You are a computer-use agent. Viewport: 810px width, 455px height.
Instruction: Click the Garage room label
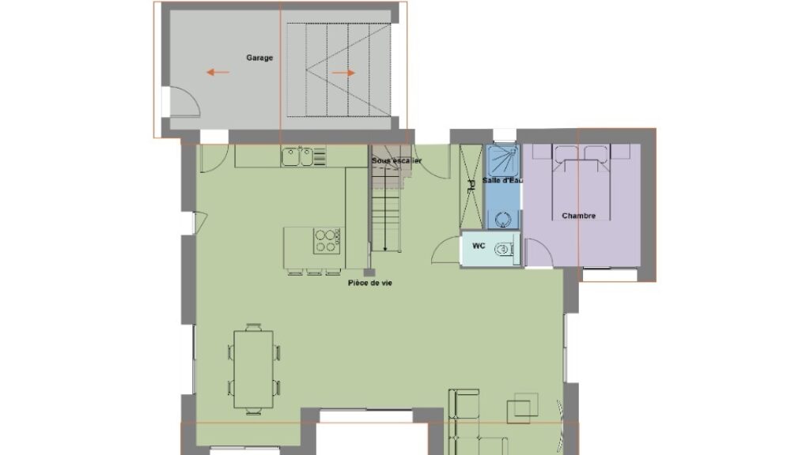[259, 58]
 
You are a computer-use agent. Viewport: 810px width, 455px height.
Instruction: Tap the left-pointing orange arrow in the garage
[218, 73]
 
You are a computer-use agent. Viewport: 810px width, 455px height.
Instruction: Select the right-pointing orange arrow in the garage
[343, 73]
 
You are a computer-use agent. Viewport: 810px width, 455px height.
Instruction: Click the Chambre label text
[578, 216]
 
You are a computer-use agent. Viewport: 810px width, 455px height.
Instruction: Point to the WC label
[479, 246]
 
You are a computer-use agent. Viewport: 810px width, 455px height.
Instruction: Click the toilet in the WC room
[505, 250]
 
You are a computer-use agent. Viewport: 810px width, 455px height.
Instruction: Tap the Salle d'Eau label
[502, 181]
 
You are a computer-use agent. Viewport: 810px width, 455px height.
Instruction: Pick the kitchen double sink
[297, 157]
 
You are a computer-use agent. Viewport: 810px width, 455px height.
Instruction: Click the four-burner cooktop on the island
[327, 241]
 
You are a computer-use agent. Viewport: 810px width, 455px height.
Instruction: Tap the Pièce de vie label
[370, 283]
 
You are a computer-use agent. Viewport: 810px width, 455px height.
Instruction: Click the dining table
[254, 370]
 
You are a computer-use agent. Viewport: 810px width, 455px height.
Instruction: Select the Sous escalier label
[397, 160]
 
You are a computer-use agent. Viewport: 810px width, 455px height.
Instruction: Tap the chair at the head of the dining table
[254, 326]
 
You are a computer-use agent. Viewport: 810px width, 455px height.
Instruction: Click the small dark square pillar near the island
[369, 273]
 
